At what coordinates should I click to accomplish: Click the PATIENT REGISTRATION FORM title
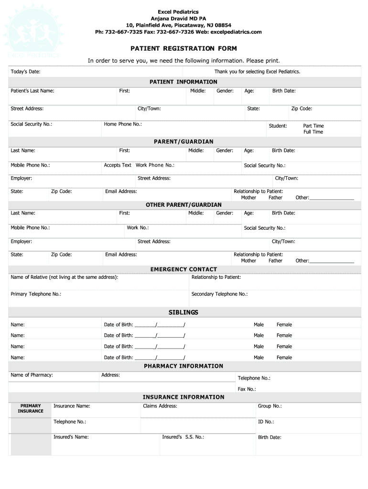click(184, 49)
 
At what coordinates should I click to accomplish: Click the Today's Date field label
click(25, 72)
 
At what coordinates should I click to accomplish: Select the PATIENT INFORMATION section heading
click(184, 82)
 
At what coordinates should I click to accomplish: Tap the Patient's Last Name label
click(32, 91)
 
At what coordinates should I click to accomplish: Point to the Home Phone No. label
click(123, 124)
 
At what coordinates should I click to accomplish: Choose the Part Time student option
click(313, 126)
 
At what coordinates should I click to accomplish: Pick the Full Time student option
click(313, 132)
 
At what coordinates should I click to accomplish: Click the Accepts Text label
click(118, 165)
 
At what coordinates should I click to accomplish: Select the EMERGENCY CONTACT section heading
click(184, 269)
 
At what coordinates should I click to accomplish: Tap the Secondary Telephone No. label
click(219, 294)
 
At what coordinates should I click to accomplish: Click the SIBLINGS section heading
click(184, 312)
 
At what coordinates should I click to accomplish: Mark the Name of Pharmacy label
click(32, 375)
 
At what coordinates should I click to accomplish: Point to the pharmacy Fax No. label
click(247, 389)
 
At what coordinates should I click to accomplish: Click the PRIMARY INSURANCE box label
click(31, 408)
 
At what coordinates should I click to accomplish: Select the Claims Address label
click(160, 406)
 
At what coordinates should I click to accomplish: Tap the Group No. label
click(270, 406)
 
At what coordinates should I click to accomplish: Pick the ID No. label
click(266, 422)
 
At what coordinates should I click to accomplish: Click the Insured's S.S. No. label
click(183, 437)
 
